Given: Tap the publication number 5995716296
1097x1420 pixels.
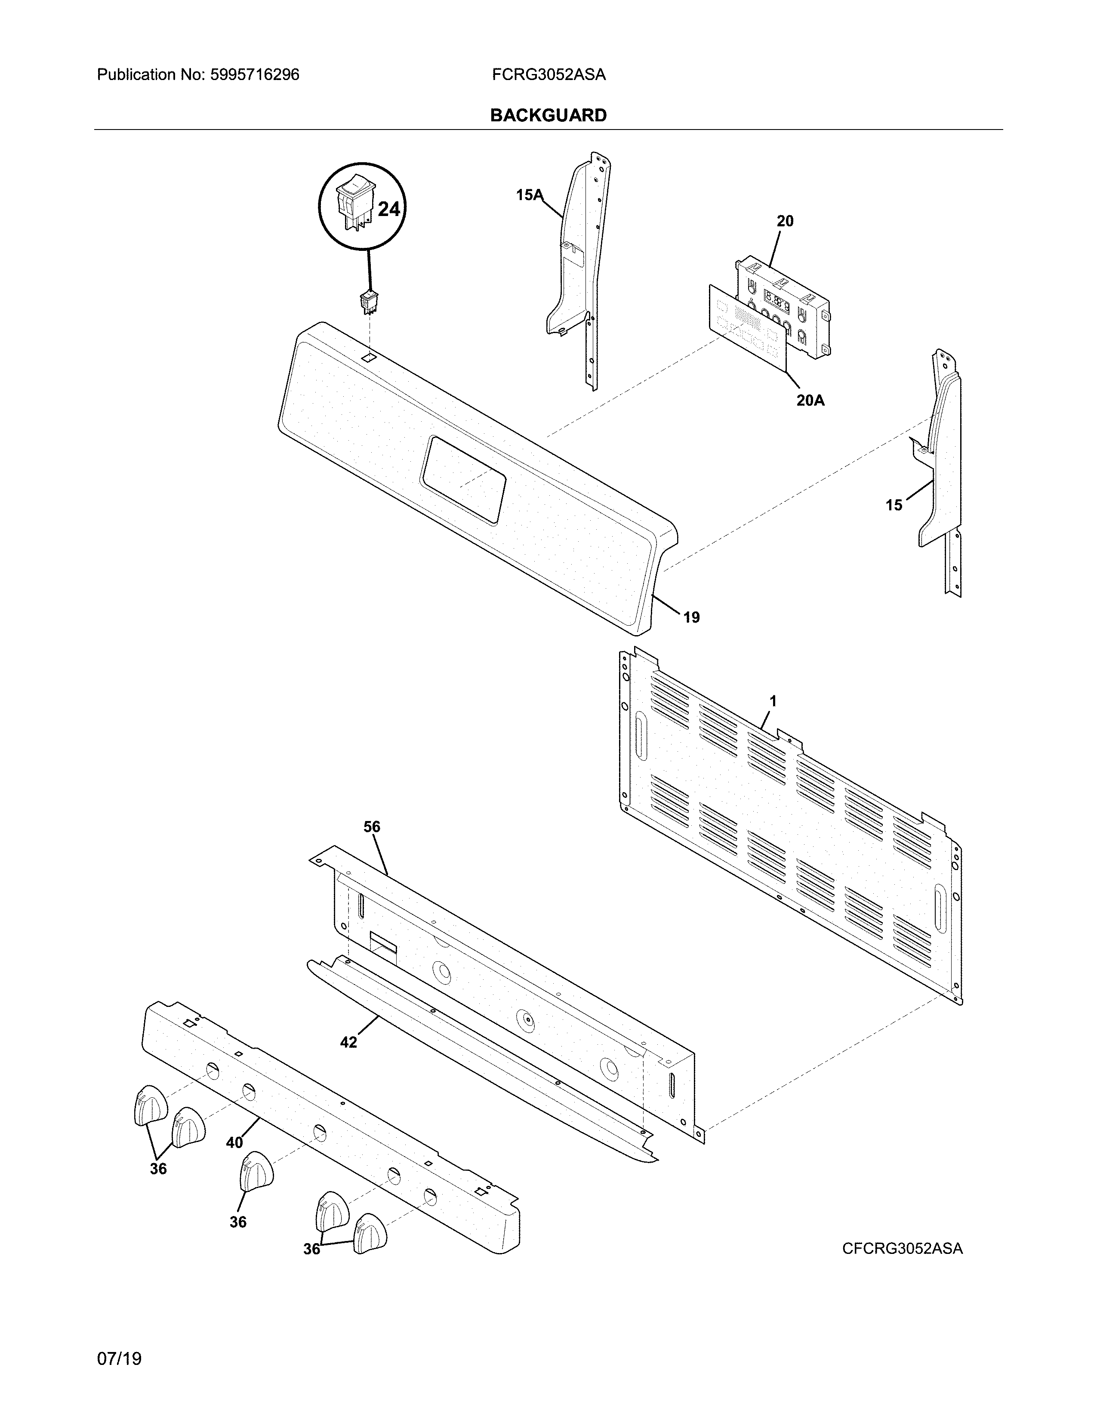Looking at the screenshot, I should pos(254,75).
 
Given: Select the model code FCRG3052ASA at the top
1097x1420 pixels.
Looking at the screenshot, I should pos(548,75).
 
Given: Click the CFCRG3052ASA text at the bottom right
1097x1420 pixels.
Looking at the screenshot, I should pos(902,1248).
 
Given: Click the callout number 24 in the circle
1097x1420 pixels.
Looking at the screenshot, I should pos(388,210).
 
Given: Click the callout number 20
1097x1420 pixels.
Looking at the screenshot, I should pos(785,221).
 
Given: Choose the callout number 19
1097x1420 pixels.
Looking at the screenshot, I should pos(691,617).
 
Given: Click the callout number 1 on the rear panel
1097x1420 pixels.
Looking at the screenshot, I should pos(773,701).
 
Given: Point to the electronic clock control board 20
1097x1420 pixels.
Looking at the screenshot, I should pos(783,306).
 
